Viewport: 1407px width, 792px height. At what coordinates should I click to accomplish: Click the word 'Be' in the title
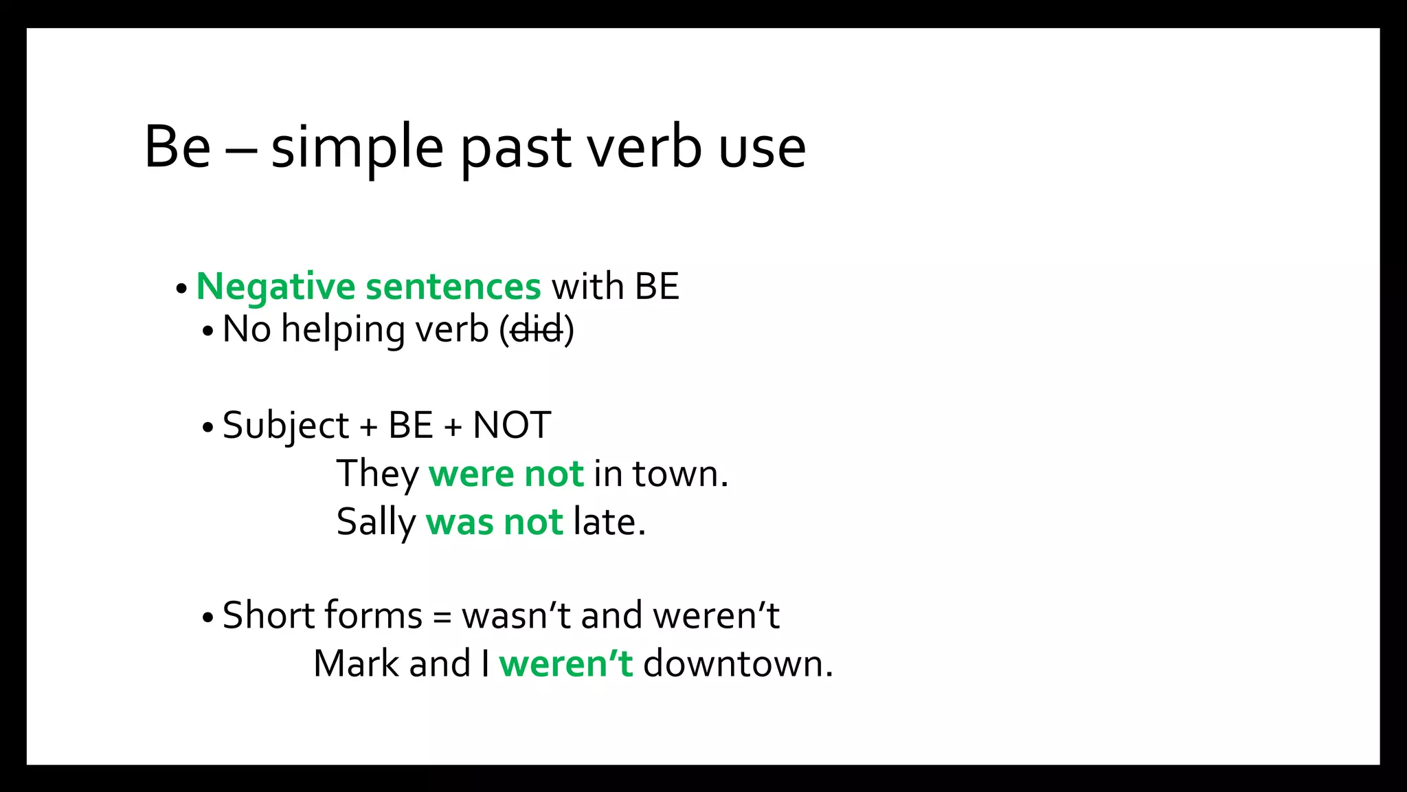(x=177, y=147)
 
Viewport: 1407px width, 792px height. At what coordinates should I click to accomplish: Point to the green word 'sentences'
(x=453, y=287)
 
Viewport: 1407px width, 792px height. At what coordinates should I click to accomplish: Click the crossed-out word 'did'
(x=537, y=330)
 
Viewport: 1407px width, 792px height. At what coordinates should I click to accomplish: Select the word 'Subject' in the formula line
(x=286, y=426)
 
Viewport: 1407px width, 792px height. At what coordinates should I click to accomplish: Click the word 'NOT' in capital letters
(x=512, y=426)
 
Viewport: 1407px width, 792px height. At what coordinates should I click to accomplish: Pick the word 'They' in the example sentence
(x=378, y=474)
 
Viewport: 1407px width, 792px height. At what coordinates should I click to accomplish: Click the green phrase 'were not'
(x=506, y=474)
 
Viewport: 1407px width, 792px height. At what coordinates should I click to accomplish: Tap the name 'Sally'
(x=376, y=522)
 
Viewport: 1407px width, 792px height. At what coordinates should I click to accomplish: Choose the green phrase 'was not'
(x=494, y=522)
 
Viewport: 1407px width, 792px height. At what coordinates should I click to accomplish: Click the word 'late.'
(x=609, y=522)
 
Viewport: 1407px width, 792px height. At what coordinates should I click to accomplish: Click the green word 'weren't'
(x=565, y=664)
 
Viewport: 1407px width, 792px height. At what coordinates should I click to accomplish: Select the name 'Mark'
(x=357, y=664)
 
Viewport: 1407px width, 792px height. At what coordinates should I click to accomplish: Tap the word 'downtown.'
(x=738, y=664)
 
